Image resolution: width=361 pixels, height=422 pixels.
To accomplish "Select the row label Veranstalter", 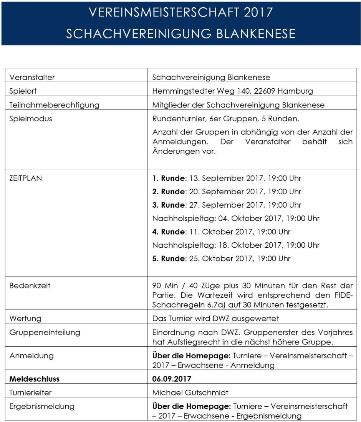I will [32, 77].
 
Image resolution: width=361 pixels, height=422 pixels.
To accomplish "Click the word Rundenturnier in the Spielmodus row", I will [176, 119].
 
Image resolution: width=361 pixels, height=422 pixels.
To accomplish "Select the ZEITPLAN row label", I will [25, 178].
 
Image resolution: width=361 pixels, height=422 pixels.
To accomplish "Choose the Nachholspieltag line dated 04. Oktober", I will [235, 218].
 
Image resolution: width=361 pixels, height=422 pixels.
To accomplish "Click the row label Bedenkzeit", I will [30, 286].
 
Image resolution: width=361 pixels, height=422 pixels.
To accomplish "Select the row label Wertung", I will [25, 319].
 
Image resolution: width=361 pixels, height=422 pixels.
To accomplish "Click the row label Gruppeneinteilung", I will [45, 333].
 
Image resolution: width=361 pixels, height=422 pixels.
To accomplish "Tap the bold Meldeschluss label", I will [34, 379].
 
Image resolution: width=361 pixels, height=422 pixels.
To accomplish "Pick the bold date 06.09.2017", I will [172, 379].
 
